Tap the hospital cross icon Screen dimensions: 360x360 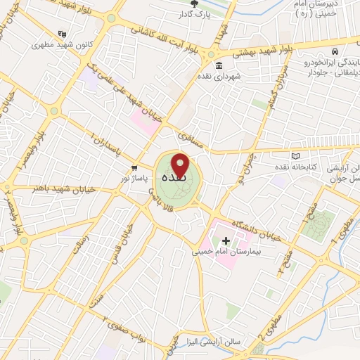[x=225, y=240]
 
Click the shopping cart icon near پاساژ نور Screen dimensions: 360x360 [x=134, y=167]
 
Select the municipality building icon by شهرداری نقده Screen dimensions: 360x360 [x=219, y=66]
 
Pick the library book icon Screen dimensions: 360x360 [x=295, y=155]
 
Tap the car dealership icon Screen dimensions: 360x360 [x=336, y=52]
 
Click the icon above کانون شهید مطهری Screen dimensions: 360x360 [x=62, y=34]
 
